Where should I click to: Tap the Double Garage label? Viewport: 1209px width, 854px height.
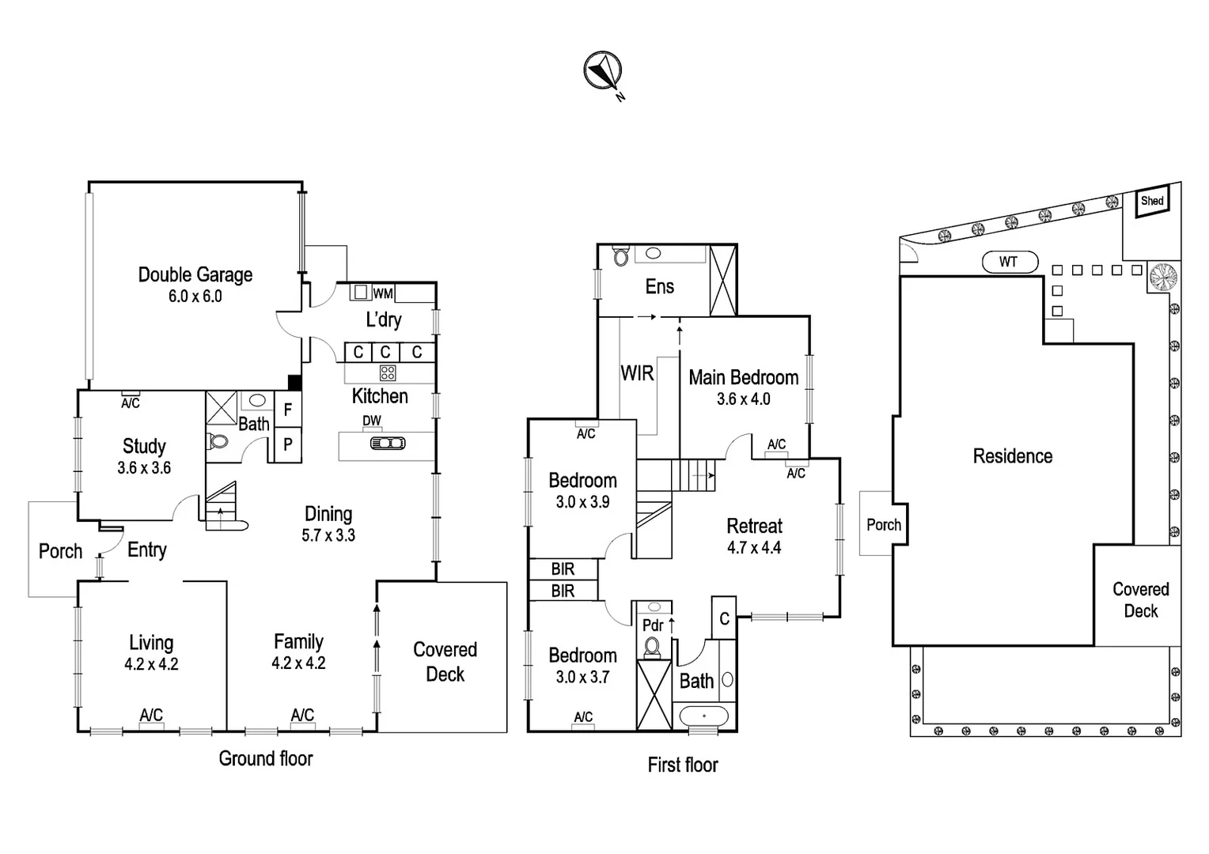point(195,275)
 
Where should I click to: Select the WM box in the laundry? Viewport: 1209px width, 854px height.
point(383,293)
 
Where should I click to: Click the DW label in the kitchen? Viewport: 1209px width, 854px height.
point(372,421)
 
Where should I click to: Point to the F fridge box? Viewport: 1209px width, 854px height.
point(288,410)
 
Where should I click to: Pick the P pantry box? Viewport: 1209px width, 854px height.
point(288,444)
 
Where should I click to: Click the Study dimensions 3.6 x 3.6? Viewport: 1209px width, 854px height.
point(144,468)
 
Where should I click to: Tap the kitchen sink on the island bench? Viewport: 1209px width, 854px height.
point(388,444)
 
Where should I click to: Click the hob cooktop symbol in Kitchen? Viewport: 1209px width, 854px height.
point(388,372)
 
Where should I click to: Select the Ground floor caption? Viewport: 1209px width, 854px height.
point(266,759)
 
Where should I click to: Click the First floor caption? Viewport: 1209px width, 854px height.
point(683,765)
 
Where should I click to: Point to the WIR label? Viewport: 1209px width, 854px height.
point(637,373)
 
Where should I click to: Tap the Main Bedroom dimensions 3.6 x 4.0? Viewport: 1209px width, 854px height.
point(743,399)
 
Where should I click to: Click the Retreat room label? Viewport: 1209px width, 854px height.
point(754,526)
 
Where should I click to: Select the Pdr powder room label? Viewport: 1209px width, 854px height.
point(653,625)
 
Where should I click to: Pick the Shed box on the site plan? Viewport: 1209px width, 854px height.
point(1152,201)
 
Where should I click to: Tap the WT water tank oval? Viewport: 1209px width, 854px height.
point(1008,262)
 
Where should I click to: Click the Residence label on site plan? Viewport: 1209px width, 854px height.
point(1012,456)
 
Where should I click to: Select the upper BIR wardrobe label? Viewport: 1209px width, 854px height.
point(563,569)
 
